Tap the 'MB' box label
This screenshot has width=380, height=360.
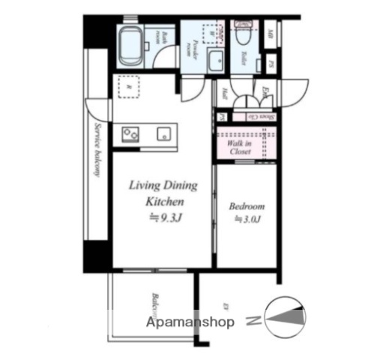(x=270, y=34)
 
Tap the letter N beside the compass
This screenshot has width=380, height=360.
(x=253, y=322)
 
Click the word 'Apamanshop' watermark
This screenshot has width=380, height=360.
(x=193, y=322)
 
